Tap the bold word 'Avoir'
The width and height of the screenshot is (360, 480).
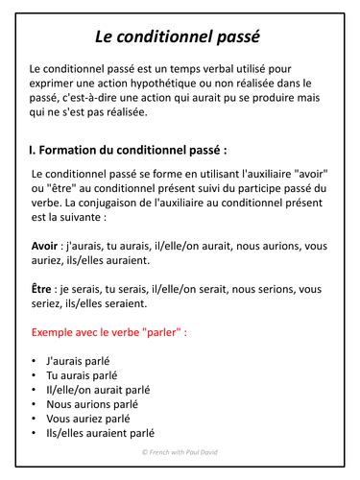click(x=45, y=245)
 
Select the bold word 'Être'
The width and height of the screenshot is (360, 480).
click(x=43, y=289)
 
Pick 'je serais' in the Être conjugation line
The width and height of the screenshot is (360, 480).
click(x=84, y=289)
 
